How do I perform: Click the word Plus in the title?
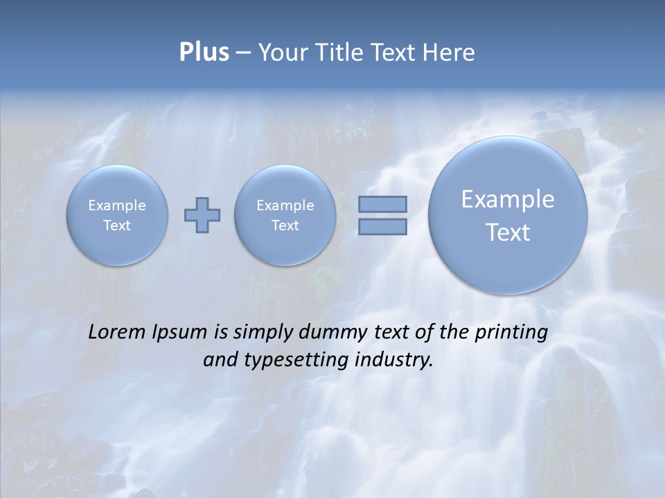coord(204,53)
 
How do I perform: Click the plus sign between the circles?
coord(202,214)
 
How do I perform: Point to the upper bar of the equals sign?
coord(382,204)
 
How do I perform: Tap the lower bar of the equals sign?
coord(382,226)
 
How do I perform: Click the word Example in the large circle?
coord(508,199)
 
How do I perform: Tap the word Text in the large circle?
coord(508,232)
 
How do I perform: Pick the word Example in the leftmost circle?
coord(117,205)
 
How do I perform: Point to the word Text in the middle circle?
coord(285,225)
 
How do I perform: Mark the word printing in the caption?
coord(511,333)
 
